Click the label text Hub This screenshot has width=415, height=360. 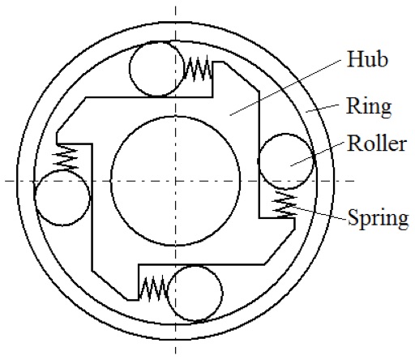click(368, 59)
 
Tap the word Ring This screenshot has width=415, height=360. click(369, 107)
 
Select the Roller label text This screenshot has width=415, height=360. click(377, 144)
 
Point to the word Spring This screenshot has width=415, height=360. click(378, 218)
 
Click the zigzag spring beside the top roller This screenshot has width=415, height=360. click(198, 69)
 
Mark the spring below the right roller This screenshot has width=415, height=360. click(285, 204)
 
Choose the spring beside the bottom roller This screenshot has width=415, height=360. click(153, 288)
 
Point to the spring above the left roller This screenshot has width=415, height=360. click(66, 158)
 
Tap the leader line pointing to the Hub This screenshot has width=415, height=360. click(285, 88)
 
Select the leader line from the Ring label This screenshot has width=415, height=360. click(323, 108)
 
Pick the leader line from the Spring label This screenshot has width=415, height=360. click(319, 212)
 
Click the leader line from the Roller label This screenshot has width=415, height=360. click(317, 153)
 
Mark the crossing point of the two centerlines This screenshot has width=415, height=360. click(176, 181)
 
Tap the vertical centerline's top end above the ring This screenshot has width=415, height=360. click(176, 6)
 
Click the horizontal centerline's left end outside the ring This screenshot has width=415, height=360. click(6, 181)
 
